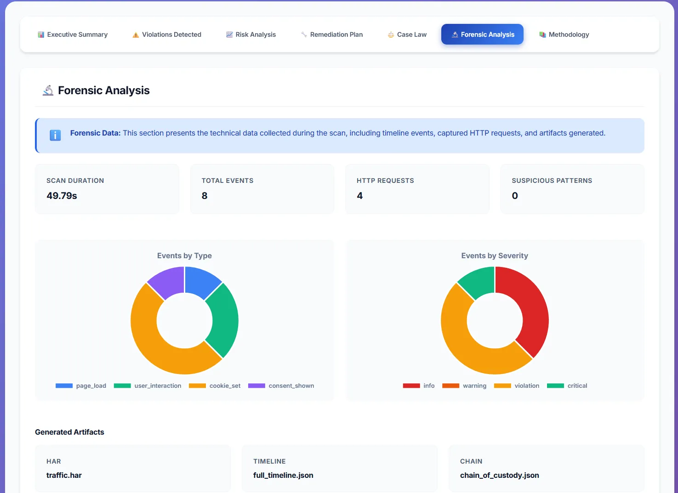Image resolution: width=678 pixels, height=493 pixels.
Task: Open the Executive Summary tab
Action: tap(73, 34)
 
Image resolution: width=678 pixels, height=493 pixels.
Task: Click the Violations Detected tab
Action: tap(167, 34)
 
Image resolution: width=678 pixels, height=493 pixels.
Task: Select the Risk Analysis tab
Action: tap(251, 34)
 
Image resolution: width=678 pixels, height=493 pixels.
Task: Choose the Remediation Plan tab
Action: tap(332, 34)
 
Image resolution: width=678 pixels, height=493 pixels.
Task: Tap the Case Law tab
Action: tap(407, 34)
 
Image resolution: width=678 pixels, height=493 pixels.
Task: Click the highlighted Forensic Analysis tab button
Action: tap(482, 34)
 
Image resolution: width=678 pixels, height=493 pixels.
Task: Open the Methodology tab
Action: tap(564, 34)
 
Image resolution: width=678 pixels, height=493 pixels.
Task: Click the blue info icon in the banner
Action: tap(55, 135)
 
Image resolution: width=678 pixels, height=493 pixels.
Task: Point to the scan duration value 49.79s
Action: tap(62, 196)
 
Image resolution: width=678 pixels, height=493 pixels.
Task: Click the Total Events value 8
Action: tap(205, 196)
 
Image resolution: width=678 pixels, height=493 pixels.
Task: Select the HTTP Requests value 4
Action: tap(359, 196)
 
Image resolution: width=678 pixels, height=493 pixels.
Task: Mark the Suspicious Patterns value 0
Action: tap(515, 196)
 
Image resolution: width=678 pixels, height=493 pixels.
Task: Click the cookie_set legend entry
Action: tap(215, 386)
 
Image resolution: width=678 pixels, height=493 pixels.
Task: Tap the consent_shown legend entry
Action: tap(281, 386)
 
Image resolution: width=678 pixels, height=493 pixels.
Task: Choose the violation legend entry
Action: tap(517, 386)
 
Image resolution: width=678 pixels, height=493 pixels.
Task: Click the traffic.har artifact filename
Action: tap(64, 475)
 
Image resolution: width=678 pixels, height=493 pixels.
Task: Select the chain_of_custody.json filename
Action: tap(499, 475)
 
